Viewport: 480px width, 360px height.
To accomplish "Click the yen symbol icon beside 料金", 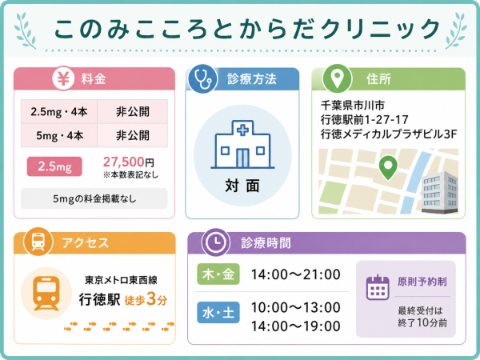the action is point(63,78).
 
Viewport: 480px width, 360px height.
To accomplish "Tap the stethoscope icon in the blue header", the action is point(202,78).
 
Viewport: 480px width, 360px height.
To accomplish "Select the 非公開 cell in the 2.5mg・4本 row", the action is point(133,111).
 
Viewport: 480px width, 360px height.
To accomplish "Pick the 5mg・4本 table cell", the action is point(59,135).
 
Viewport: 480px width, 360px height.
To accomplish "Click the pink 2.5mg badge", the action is point(54,166).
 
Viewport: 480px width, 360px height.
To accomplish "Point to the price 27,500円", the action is point(129,162).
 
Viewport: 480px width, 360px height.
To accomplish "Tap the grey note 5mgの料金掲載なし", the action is point(94,198).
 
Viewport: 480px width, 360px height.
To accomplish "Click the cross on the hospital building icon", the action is point(242,130).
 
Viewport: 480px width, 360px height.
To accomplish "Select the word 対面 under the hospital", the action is point(242,186).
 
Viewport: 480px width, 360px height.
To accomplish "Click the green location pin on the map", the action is point(388,167).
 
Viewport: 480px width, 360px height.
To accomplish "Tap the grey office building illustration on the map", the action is point(439,192).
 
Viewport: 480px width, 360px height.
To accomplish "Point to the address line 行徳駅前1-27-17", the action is point(365,120).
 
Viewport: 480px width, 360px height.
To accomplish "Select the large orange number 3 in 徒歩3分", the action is point(151,298).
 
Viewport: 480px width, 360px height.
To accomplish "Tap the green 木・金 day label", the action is point(218,274).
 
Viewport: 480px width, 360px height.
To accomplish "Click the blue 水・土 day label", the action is point(218,313).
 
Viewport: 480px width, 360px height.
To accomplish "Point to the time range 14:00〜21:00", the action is point(296,274).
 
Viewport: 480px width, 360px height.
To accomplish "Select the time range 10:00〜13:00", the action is point(296,307).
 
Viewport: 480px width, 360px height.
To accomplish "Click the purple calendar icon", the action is point(378,287).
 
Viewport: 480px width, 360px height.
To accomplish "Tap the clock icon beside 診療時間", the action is point(216,242).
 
